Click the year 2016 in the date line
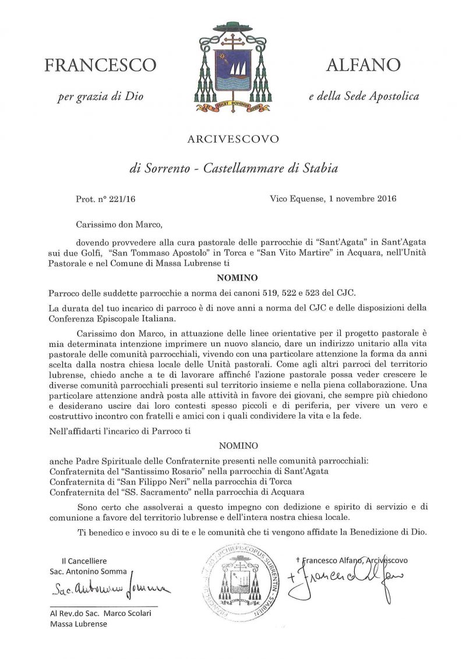click(384, 199)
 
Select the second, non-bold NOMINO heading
click(233, 447)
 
